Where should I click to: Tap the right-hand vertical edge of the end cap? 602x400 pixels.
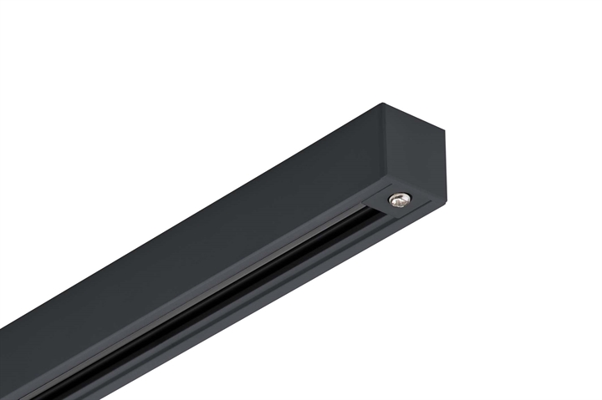pos(446,167)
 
